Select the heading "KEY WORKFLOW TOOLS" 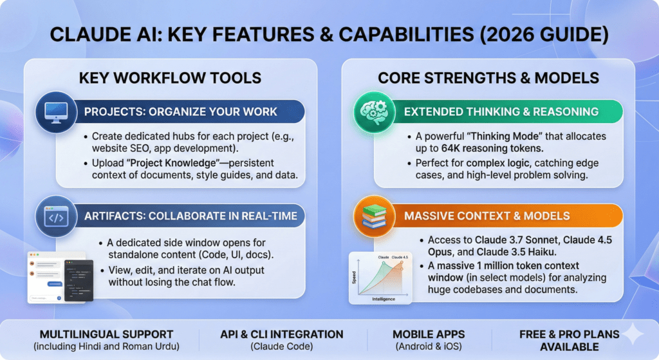[170, 78]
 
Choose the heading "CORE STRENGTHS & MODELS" [488, 78]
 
